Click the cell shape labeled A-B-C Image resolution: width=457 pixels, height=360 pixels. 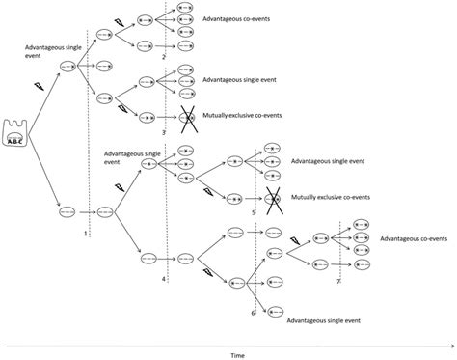[x=15, y=133]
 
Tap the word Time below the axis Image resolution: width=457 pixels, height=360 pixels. [x=237, y=355]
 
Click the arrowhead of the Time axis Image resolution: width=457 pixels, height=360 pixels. [x=452, y=346]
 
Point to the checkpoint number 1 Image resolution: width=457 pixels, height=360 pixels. [x=86, y=234]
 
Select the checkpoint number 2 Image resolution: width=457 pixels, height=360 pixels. [x=164, y=57]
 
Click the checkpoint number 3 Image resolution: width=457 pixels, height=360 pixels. [x=164, y=132]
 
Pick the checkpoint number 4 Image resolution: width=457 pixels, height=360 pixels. [x=164, y=279]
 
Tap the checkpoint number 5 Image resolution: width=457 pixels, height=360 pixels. [x=254, y=212]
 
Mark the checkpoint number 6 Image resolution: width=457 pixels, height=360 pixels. [x=253, y=313]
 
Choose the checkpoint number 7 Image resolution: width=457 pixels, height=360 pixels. [x=338, y=282]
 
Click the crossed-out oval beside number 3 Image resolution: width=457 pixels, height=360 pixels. [x=187, y=118]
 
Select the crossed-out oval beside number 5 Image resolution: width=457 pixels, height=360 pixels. [x=273, y=200]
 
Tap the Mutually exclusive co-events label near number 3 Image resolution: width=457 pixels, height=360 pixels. [x=242, y=115]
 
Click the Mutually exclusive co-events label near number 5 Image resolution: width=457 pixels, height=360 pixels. [x=331, y=197]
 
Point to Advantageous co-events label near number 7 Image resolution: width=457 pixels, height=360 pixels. [x=414, y=238]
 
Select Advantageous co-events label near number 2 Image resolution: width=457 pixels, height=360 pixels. [x=236, y=19]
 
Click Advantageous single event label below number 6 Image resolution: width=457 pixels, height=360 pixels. [x=323, y=320]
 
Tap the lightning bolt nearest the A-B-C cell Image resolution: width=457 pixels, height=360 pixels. [x=39, y=86]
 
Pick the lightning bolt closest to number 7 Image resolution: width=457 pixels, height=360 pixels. [x=295, y=241]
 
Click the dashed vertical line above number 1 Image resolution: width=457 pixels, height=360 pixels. [x=89, y=133]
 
